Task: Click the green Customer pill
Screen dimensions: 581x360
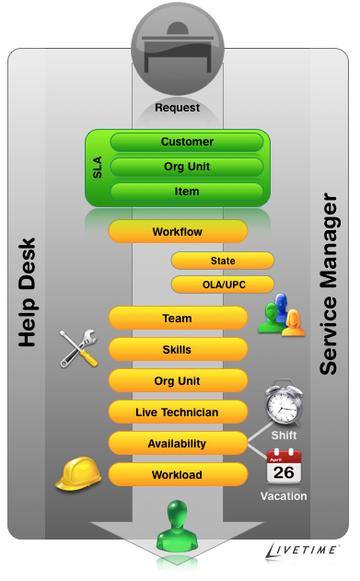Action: tap(187, 143)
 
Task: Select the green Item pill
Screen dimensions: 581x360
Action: tap(187, 192)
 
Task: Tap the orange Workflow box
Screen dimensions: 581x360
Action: tap(178, 232)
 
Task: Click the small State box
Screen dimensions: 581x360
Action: tap(222, 261)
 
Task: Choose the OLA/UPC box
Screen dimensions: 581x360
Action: tap(222, 284)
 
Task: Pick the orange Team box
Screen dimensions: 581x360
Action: tap(178, 319)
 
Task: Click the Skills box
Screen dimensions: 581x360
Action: tap(178, 350)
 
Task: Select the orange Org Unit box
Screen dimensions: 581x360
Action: tap(178, 381)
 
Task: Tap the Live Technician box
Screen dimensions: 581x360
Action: tap(178, 412)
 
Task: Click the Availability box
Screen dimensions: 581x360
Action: tap(178, 443)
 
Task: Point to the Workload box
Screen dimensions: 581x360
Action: tap(178, 475)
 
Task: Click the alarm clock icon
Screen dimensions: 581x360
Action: tap(284, 402)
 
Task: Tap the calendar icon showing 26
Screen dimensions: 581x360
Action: tap(284, 467)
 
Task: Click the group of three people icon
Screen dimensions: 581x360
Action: tap(280, 316)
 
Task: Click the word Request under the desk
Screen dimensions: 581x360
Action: tap(177, 108)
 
